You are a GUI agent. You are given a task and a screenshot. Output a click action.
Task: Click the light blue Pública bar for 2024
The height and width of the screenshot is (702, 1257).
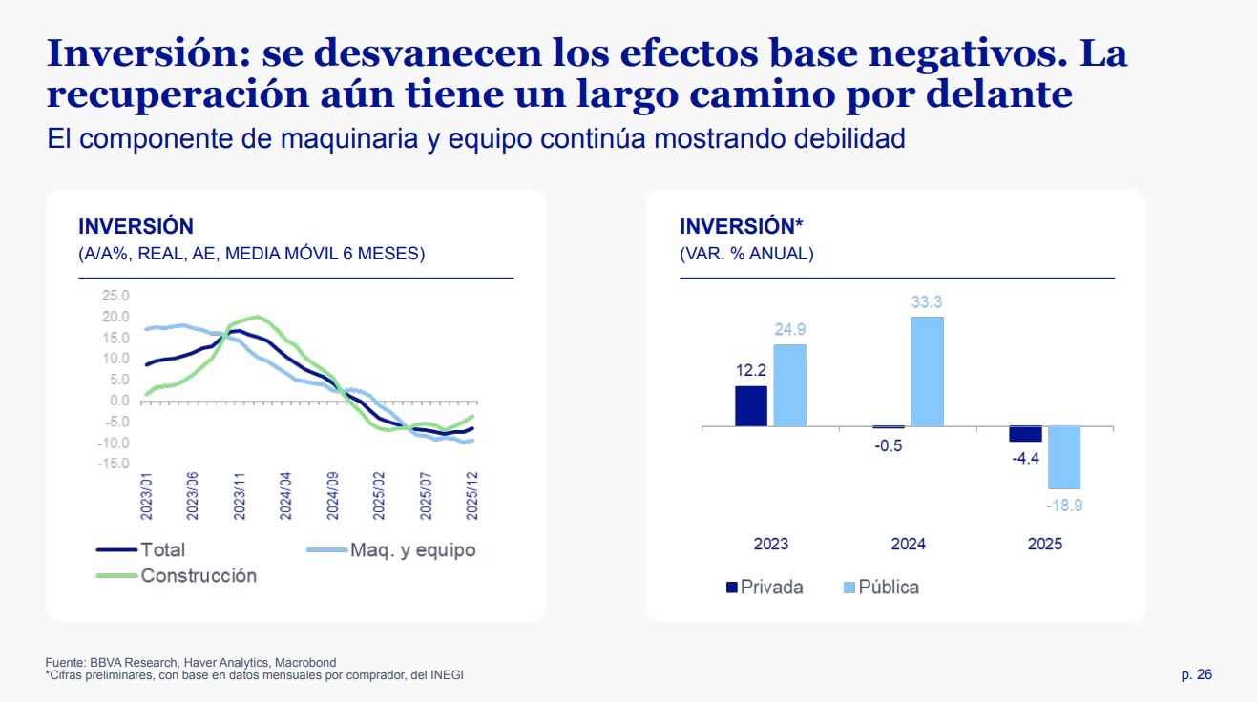pyautogui.click(x=927, y=371)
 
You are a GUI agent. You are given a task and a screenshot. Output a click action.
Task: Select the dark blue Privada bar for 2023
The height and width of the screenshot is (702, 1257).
pyautogui.click(x=751, y=405)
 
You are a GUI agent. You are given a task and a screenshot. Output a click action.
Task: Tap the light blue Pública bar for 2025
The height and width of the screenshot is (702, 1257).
pyautogui.click(x=1064, y=457)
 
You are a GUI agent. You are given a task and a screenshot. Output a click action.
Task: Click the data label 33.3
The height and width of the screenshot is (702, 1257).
pyautogui.click(x=927, y=302)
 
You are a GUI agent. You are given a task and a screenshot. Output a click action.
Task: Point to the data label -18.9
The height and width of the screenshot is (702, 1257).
pyautogui.click(x=1064, y=506)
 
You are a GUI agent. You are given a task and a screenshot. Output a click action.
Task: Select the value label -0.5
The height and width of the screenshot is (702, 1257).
pyautogui.click(x=889, y=445)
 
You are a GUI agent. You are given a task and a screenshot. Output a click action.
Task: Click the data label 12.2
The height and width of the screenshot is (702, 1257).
pyautogui.click(x=751, y=370)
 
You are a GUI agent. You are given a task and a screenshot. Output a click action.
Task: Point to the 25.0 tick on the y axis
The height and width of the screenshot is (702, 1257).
pyautogui.click(x=116, y=296)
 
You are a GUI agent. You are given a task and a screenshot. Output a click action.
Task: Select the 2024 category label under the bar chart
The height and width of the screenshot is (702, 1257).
pyautogui.click(x=908, y=545)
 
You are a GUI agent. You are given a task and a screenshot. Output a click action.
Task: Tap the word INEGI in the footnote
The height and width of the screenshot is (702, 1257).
pyautogui.click(x=448, y=675)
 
